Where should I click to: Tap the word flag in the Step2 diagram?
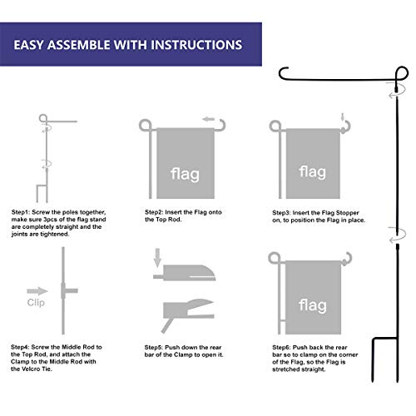[185, 175]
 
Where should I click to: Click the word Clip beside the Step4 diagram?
[37, 304]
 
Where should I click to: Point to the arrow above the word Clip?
[36, 291]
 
